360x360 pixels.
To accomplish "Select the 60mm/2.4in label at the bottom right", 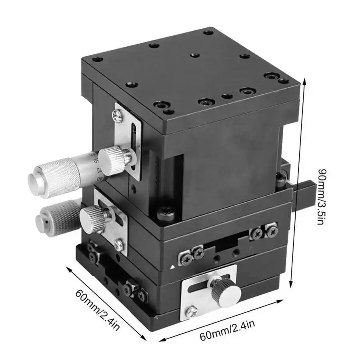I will (x=227, y=328).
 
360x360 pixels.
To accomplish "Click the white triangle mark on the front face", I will (x=172, y=266).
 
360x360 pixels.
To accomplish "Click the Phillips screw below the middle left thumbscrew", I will (x=118, y=244).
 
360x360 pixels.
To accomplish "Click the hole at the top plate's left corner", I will (x=96, y=60).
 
